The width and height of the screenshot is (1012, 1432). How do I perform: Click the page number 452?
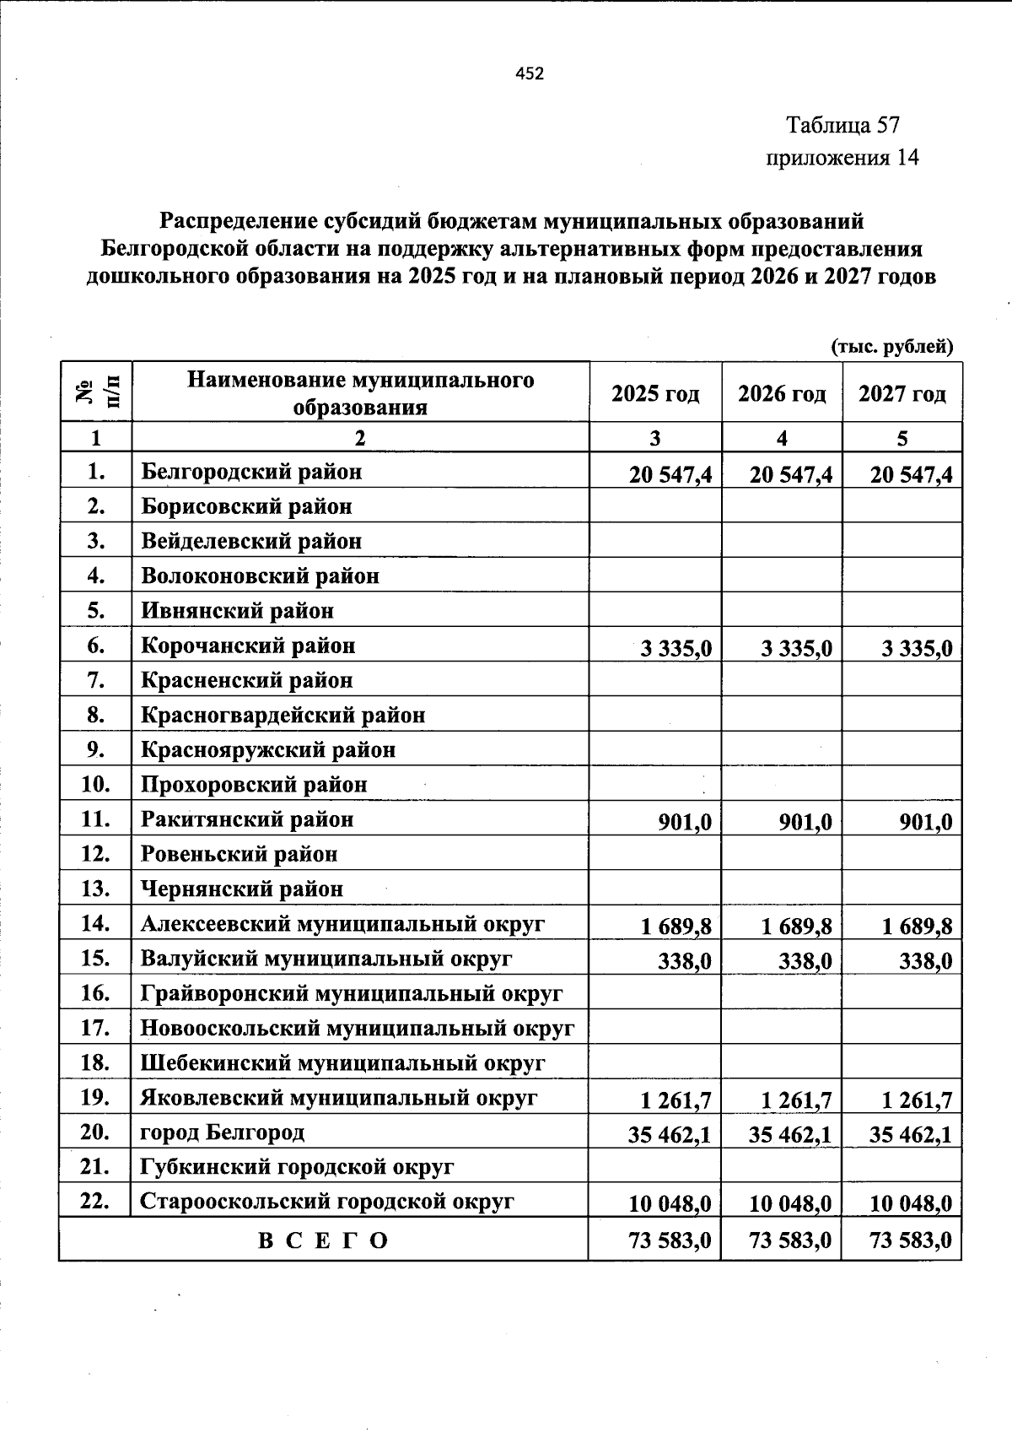point(530,73)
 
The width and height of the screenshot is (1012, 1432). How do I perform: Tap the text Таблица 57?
point(842,126)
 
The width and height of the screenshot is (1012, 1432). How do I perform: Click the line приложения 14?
point(841,158)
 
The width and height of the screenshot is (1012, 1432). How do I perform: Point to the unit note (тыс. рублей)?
point(892,346)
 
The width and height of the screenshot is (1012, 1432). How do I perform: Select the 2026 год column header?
point(782,394)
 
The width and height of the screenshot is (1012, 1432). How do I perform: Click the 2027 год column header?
point(902,394)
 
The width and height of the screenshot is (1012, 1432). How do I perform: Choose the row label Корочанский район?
point(248,646)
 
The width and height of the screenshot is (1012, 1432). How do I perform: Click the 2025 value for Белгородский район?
point(670,475)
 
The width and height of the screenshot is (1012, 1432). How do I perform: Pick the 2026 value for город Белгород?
point(790,1135)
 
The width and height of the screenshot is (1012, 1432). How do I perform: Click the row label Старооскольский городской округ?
point(327,1202)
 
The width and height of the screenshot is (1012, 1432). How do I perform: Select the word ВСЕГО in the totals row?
point(323,1240)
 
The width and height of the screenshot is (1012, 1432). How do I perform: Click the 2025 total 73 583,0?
point(670,1240)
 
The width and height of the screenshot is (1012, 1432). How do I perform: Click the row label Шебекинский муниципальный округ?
point(342,1063)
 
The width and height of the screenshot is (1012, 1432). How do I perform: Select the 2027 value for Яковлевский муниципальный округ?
point(917,1100)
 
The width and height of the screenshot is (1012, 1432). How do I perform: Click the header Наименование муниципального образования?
point(360,393)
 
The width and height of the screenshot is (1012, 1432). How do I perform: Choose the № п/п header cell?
point(95,393)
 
